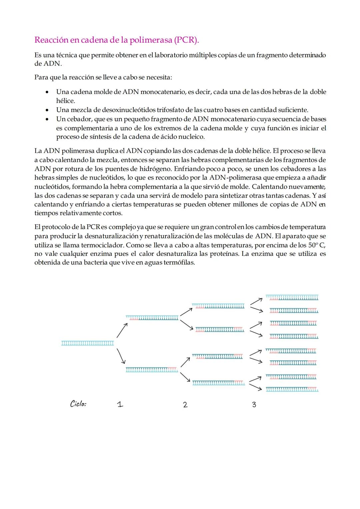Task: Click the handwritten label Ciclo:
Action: coord(78,404)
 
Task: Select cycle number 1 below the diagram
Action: coord(120,404)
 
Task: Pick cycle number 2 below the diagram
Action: coord(185,405)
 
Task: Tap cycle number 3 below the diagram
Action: coord(254,405)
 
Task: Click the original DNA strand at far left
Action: coord(88,343)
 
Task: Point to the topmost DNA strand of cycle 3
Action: coord(292,297)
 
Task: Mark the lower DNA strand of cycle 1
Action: coord(152,369)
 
